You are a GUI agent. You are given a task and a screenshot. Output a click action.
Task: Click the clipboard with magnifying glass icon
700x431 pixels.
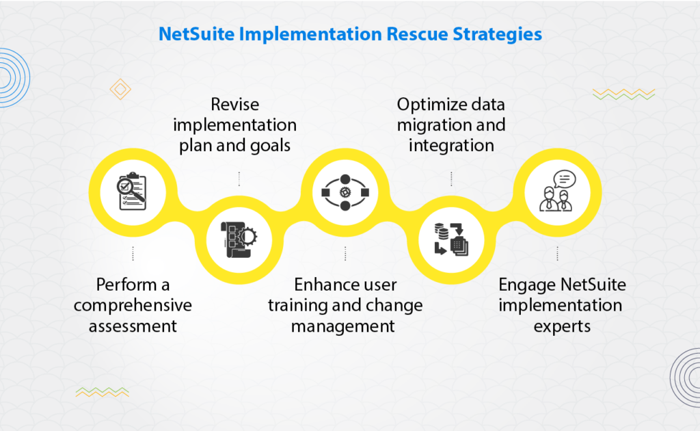tap(132, 192)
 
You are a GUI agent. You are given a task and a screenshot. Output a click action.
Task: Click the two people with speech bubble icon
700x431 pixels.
tap(558, 191)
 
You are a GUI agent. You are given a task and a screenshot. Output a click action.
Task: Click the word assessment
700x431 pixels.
tap(133, 326)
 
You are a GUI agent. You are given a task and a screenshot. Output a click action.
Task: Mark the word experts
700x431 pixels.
tap(561, 326)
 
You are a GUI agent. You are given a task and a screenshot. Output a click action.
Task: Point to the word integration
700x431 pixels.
tap(451, 146)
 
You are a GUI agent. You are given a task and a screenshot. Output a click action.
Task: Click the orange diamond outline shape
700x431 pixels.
tap(120, 89)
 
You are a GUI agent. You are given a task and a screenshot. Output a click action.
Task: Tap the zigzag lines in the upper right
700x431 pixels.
tap(623, 94)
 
